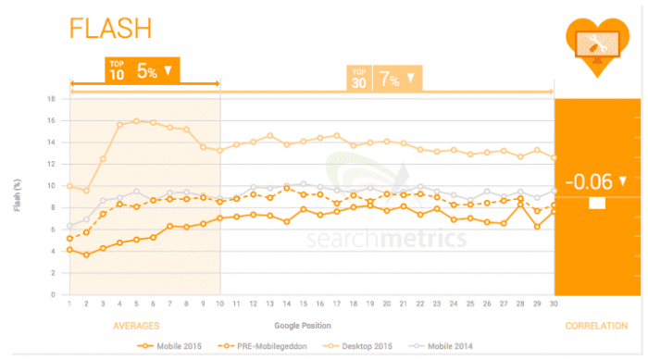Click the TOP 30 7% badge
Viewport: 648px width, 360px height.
pos(383,78)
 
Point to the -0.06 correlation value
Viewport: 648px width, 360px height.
pos(595,180)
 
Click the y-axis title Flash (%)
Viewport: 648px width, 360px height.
pos(18,196)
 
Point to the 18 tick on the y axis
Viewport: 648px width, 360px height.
pos(53,99)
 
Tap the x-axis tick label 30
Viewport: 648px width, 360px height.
pos(554,304)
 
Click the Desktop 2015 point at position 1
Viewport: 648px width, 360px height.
pos(69,186)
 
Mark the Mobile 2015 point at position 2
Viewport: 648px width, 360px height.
pos(86,254)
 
